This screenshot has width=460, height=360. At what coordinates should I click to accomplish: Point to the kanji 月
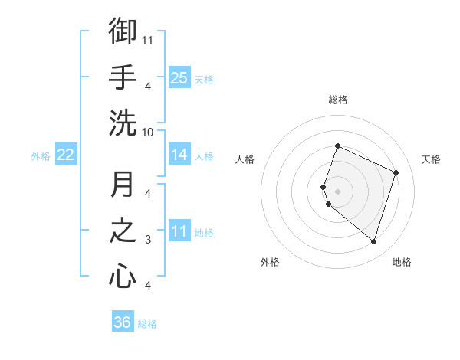pyautogui.click(x=123, y=185)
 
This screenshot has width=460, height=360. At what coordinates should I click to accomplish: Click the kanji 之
pyautogui.click(x=123, y=231)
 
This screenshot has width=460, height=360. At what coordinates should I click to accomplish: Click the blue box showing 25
pyautogui.click(x=179, y=77)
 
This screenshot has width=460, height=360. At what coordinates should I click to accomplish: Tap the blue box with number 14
pyautogui.click(x=179, y=155)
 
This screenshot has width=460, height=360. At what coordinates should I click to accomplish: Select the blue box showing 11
pyautogui.click(x=179, y=231)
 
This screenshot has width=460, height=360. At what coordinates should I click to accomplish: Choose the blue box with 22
pyautogui.click(x=66, y=155)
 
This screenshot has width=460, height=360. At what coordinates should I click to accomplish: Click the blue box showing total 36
pyautogui.click(x=122, y=322)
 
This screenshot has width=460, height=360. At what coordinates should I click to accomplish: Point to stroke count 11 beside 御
pyautogui.click(x=148, y=39)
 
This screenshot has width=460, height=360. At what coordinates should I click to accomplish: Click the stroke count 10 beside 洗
pyautogui.click(x=148, y=132)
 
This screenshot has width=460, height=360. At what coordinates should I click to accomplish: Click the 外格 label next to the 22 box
pyautogui.click(x=41, y=156)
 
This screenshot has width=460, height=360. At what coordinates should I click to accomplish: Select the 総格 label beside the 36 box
pyautogui.click(x=148, y=324)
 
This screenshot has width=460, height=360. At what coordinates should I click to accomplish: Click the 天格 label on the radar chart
pyautogui.click(x=431, y=159)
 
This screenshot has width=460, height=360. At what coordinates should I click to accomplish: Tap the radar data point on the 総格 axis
pyautogui.click(x=337, y=146)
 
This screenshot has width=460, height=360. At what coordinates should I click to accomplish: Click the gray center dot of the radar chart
pyautogui.click(x=337, y=191)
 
